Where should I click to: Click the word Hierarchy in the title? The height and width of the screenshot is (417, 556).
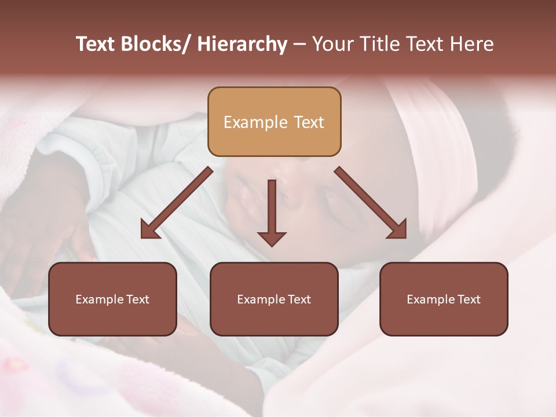tap(242, 44)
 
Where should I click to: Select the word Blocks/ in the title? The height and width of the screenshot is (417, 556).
tap(154, 44)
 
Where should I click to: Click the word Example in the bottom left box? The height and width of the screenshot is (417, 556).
tap(100, 299)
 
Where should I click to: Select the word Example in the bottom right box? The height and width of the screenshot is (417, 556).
tap(431, 299)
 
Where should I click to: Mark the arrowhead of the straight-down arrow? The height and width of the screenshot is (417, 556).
tap(272, 238)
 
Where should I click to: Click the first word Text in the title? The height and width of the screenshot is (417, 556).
tap(96, 44)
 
